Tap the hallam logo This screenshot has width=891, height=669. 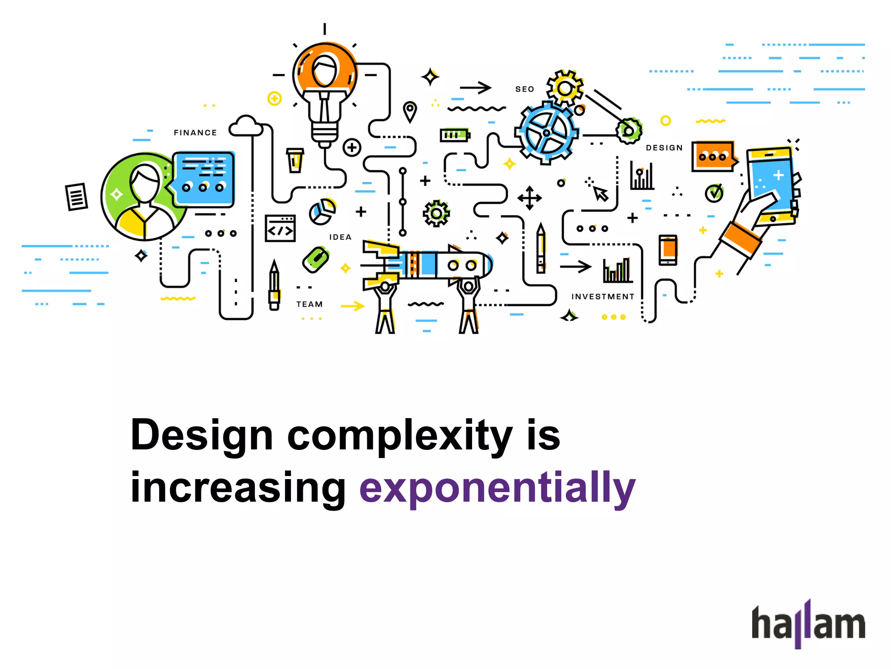coord(808,624)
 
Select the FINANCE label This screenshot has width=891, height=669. coord(195,133)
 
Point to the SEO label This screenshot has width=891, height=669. coord(524,89)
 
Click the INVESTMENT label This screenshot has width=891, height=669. coord(603,297)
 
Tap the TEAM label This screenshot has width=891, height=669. coord(309,304)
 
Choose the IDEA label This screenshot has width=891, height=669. coord(340,237)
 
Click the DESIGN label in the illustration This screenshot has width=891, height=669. coord(664,148)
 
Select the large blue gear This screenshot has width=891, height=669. coord(546,132)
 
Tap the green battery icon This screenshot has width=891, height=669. coord(455,135)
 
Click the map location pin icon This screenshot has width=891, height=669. coord(410,111)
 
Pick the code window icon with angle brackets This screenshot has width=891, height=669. coord(280,228)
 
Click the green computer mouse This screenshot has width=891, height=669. coord(316,260)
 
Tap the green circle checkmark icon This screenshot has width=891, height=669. coord(714,193)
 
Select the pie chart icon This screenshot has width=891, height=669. coord(322,212)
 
